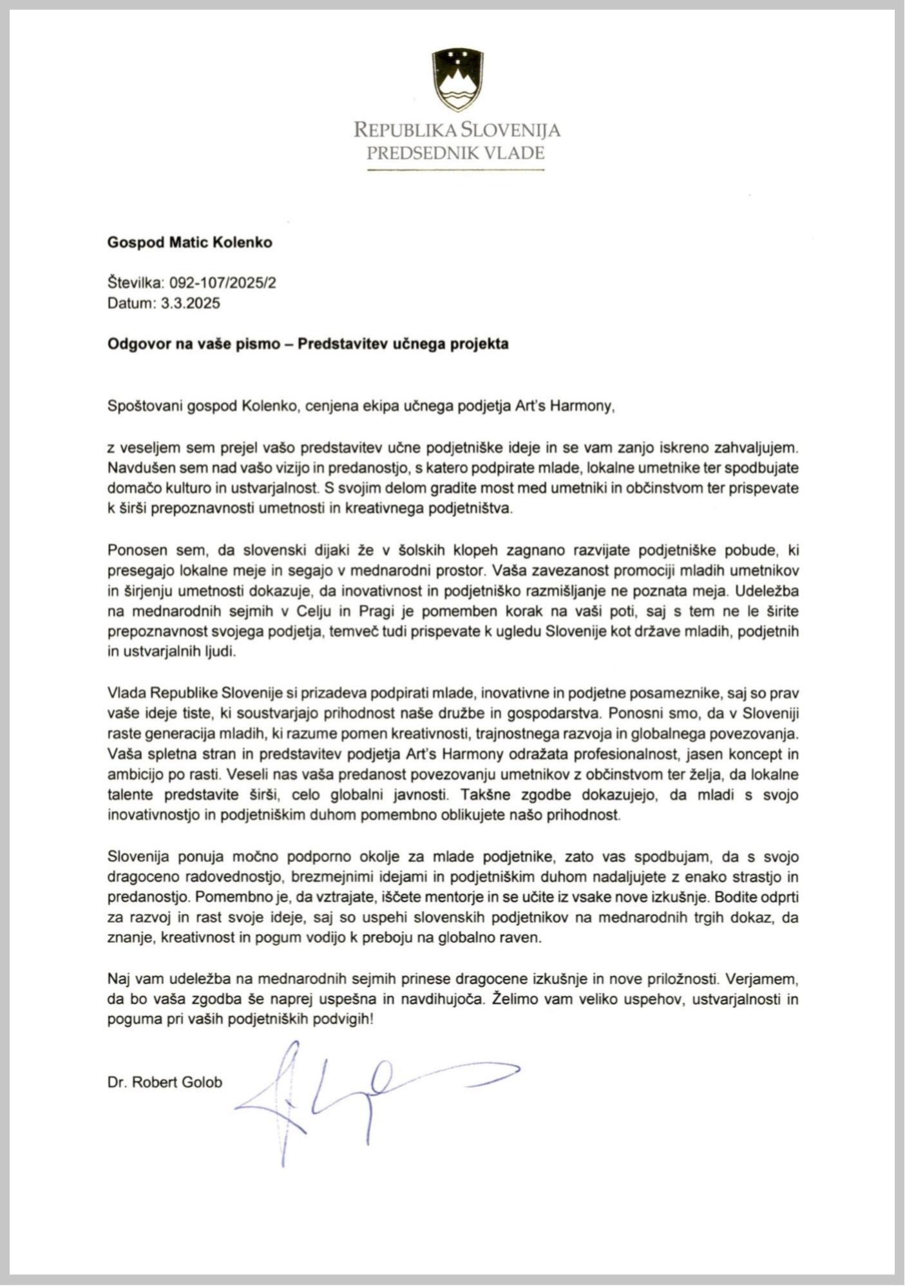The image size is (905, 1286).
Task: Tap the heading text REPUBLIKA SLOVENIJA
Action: pos(457,130)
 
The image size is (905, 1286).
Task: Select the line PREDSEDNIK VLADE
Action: pos(455,153)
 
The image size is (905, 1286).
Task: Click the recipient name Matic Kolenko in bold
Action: pos(220,243)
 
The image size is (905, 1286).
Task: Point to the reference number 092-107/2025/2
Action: pos(223,283)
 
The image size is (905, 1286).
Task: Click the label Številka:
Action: pos(136,283)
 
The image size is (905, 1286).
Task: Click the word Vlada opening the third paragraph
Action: pos(126,693)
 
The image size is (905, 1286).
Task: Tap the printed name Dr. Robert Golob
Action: pos(165,1082)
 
